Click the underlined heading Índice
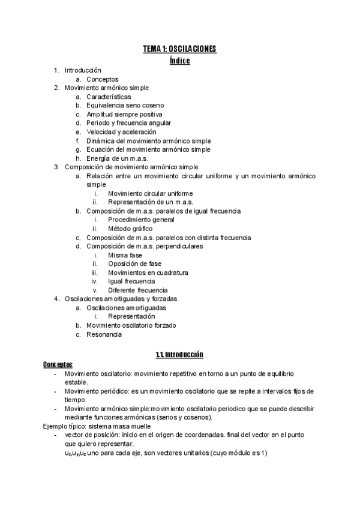179,61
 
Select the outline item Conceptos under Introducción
102,79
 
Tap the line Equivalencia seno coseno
124,105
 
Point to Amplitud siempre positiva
124,114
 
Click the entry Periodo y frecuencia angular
128,123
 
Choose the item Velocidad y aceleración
121,131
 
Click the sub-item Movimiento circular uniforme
150,193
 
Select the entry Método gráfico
130,229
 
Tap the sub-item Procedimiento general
142,220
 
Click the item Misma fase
125,255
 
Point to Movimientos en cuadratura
148,273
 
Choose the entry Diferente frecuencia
137,291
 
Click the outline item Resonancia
104,334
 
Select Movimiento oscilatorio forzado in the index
131,325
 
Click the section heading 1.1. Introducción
179,355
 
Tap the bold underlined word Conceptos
58,364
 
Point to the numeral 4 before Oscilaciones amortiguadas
55,299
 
